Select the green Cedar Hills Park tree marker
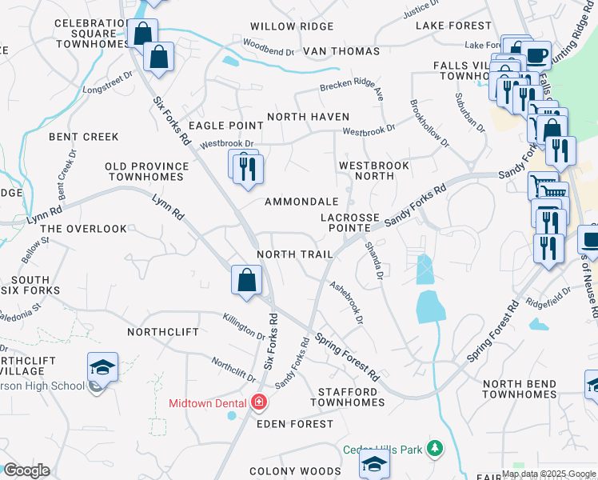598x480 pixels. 435,449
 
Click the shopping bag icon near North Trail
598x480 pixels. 246,281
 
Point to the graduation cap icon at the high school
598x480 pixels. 102,367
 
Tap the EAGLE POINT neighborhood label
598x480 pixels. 225,126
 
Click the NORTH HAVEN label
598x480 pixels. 308,117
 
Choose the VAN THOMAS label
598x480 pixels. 341,51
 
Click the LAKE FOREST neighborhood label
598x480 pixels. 453,26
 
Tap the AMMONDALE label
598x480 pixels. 301,202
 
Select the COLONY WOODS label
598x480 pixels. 289,472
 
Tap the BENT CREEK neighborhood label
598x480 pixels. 84,137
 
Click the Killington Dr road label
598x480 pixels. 244,325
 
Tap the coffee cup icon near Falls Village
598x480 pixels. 536,56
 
